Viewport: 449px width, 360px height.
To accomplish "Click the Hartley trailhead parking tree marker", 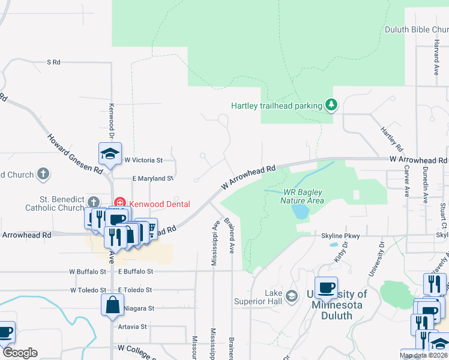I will coord(331,105).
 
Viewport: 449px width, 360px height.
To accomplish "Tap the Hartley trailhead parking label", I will coord(277,106).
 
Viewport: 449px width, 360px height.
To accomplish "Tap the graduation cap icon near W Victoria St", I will coord(110,154).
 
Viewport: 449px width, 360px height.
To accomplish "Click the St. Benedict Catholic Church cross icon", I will coord(93,202).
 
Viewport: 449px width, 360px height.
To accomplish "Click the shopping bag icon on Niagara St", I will coord(112,305).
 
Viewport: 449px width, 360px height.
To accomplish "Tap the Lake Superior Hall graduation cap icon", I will coord(292,296).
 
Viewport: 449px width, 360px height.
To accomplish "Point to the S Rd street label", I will coord(54,62).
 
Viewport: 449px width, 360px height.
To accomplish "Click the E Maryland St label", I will coord(145,178).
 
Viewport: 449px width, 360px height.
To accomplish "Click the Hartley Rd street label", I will coord(391,138).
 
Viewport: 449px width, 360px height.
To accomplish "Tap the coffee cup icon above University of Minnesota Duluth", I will coord(326,287).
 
